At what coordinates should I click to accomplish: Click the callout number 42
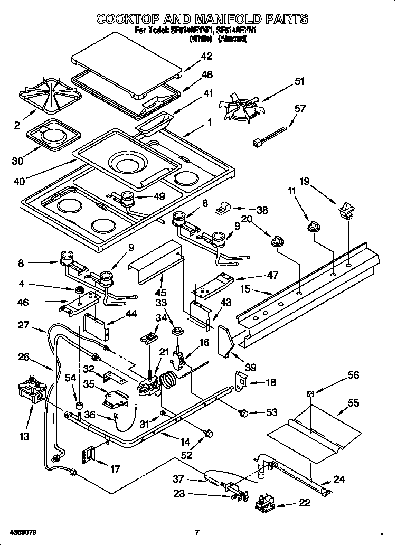click(x=206, y=56)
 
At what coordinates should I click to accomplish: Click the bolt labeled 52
click(x=208, y=434)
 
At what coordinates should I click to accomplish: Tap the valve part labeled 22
click(x=266, y=504)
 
